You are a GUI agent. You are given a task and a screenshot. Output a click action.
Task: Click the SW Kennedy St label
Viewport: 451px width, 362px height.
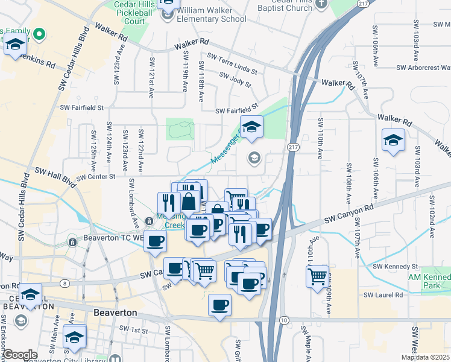395,266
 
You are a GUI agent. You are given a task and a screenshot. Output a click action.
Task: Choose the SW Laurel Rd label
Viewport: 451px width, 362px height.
383,295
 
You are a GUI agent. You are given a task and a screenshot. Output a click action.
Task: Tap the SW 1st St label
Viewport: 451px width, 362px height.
133,329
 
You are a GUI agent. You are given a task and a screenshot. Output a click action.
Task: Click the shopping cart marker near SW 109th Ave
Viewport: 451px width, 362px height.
317,277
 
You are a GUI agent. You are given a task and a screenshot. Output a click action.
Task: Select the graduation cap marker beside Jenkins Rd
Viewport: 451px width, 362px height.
16,45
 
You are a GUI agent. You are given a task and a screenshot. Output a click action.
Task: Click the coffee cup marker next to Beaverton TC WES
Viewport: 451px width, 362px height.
156,241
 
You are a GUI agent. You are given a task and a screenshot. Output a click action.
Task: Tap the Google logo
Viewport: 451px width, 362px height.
20,355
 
